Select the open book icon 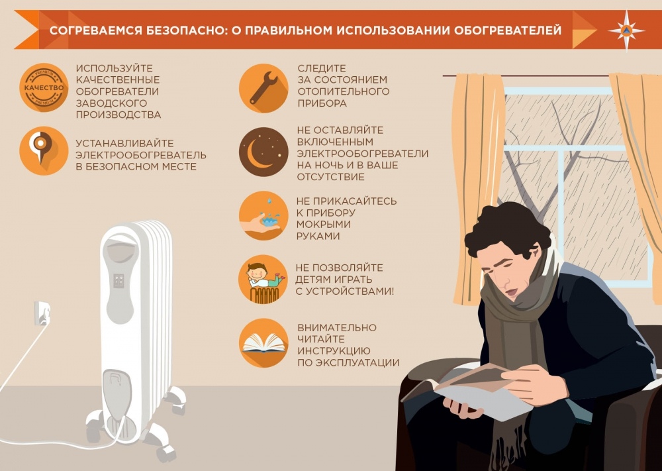(263, 343)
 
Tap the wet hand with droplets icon (263, 216)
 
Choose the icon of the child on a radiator (263, 279)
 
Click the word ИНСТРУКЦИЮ (334, 350)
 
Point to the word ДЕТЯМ (316, 279)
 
